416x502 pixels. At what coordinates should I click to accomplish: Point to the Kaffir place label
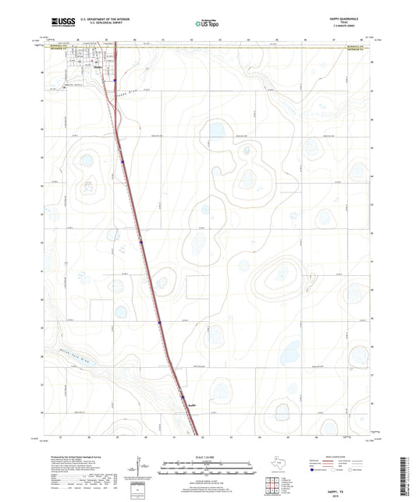click(x=193, y=405)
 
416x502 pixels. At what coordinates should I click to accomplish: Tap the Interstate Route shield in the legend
click(x=315, y=472)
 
